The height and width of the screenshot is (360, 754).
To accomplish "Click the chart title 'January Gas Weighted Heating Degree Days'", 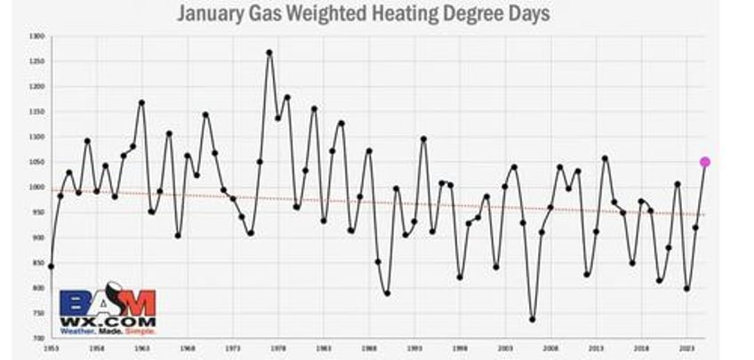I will [363, 14].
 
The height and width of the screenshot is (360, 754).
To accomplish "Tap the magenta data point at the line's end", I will [705, 162].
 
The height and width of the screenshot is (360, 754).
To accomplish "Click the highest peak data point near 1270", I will [269, 52].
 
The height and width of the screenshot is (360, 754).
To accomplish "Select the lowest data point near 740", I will [532, 319].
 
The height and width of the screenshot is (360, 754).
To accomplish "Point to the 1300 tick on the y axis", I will [36, 36].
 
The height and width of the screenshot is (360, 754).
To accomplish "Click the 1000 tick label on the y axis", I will [36, 188].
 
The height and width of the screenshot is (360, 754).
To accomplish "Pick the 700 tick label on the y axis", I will [38, 339].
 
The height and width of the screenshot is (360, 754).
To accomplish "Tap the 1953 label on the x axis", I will [51, 350].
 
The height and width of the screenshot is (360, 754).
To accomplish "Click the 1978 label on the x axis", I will [277, 350].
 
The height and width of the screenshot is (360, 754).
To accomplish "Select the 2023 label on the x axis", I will [687, 350].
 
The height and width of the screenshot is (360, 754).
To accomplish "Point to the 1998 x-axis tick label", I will [460, 350].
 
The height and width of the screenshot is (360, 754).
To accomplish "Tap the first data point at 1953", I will [51, 266].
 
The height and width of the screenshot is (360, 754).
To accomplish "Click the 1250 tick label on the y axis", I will [36, 61].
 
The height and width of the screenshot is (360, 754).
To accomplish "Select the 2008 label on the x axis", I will [550, 350].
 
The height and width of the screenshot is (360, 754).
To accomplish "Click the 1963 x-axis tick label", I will [141, 350].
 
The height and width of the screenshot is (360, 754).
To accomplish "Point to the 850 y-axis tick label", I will [38, 263].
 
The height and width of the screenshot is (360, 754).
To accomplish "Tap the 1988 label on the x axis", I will [368, 350].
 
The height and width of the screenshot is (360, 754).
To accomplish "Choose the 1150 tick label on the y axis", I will [36, 112].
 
